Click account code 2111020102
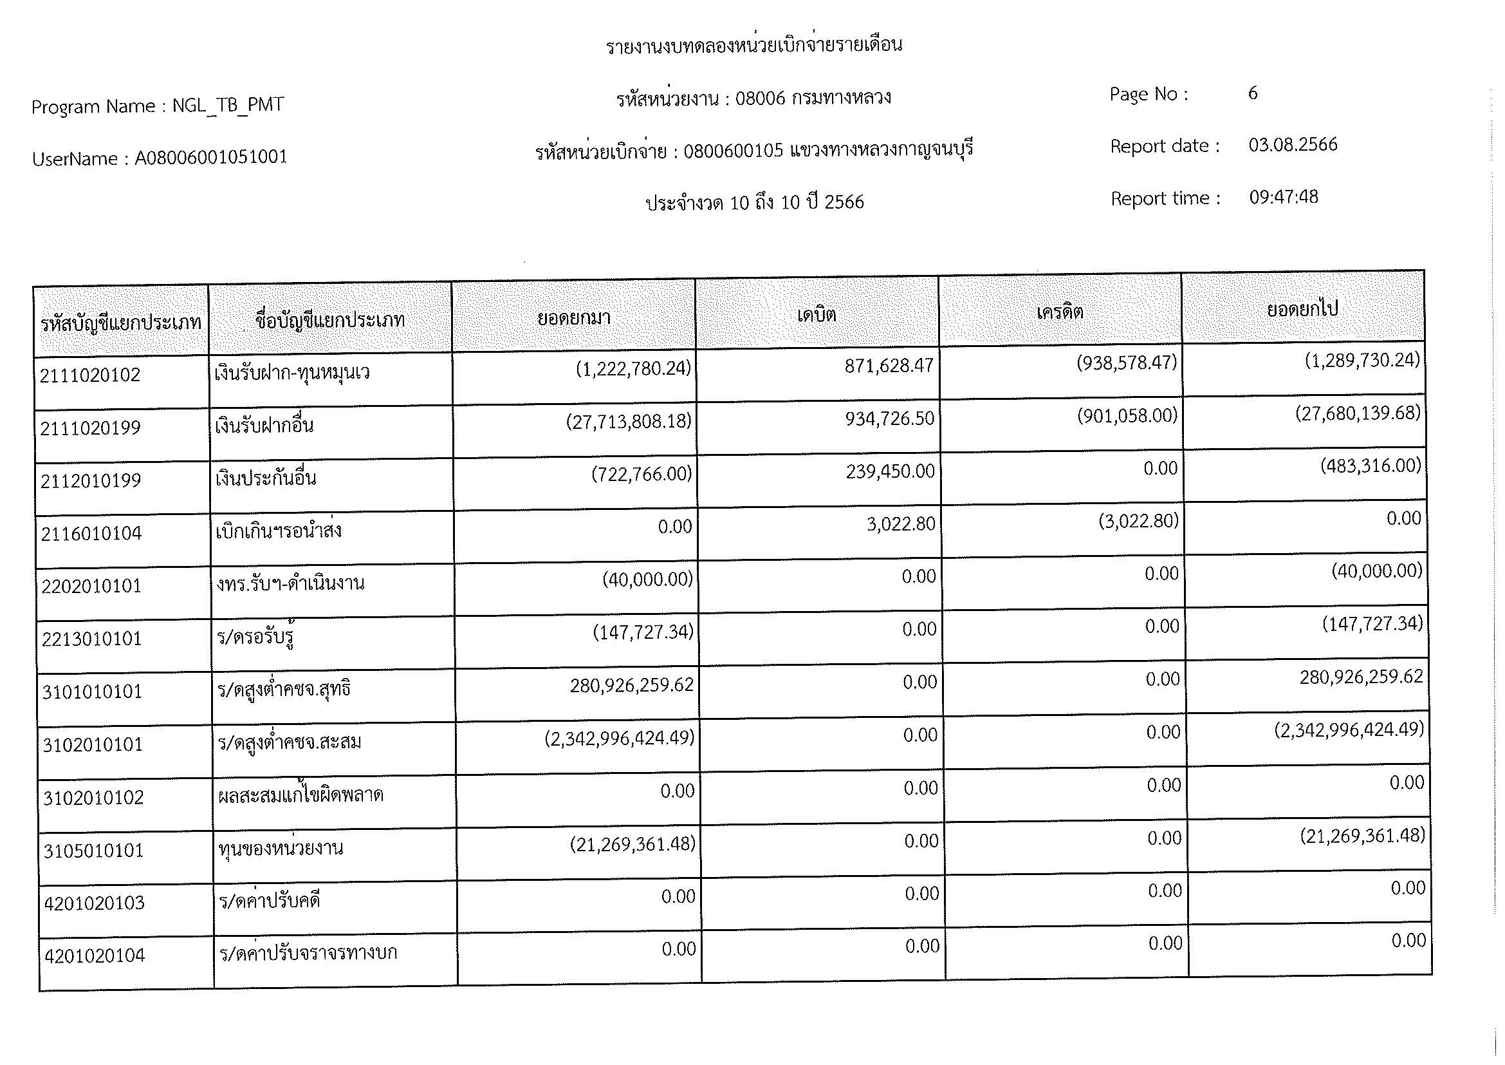(90, 375)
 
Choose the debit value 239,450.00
(889, 471)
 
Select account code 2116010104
(91, 534)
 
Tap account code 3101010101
(92, 692)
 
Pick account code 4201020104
(95, 956)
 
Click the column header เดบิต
(816, 316)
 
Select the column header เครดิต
(1059, 312)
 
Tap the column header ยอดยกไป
(1302, 309)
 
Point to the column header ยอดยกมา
(573, 319)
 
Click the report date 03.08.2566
(1293, 145)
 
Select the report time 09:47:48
(1284, 198)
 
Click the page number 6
(1253, 93)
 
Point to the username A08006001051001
(210, 157)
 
